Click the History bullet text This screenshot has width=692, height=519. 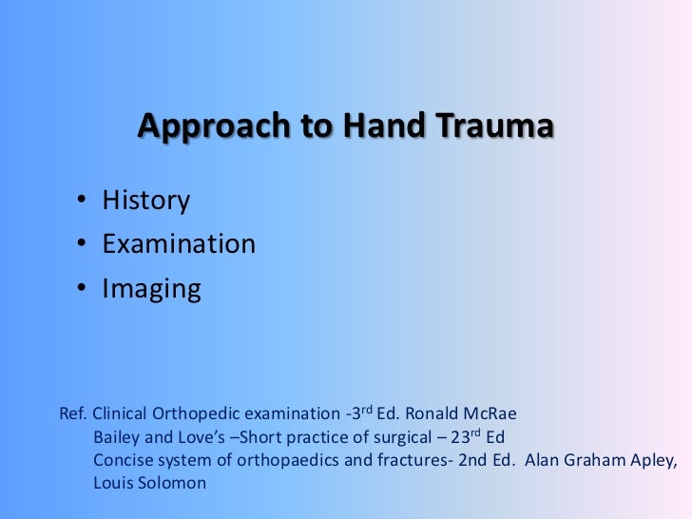coord(145,201)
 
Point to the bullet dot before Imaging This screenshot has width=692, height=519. coord(85,289)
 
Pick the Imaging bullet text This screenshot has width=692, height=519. coord(151,289)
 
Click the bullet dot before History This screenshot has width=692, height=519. coord(85,201)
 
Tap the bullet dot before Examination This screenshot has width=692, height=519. coord(85,244)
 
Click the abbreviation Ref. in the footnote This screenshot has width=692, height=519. coord(73,415)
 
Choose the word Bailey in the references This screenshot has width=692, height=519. coord(115,438)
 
